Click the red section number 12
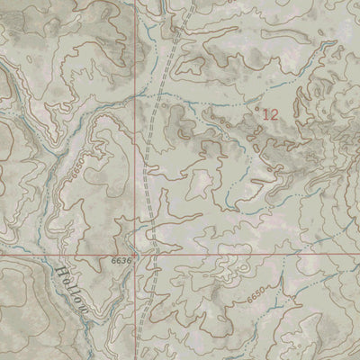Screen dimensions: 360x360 [x=269, y=113]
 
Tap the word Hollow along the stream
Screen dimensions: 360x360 [x=73, y=287]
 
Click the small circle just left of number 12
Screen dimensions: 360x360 [x=257, y=110]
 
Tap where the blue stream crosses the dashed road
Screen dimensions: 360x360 [x=159, y=93]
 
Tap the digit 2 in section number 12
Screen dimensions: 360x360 [x=273, y=113]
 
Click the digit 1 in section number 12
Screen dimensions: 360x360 [x=265, y=113]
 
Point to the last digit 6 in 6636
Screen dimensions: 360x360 [x=131, y=260]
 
